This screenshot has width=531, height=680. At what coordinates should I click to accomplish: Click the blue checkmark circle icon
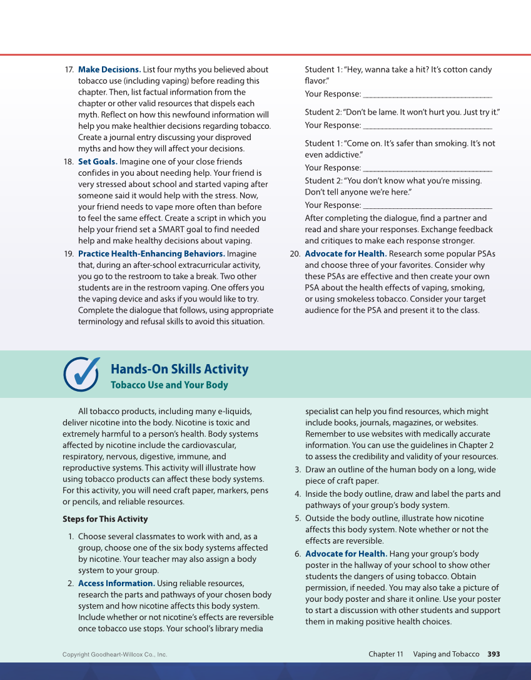coord(81,374)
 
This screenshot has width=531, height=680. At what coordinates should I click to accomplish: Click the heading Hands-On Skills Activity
coord(180,369)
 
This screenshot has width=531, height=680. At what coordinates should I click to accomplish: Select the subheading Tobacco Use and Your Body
coord(169,385)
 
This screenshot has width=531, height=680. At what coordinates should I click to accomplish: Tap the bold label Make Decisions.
coord(109,69)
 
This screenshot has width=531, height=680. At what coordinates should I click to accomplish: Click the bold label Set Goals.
coord(98,161)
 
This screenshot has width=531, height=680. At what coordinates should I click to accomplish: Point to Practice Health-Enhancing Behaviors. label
coord(151,253)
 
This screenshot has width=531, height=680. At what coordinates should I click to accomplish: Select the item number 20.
coord(295,253)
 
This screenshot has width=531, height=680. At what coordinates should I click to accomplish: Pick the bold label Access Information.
coord(116,583)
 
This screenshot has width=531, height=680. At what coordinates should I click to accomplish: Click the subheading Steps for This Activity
coord(105,519)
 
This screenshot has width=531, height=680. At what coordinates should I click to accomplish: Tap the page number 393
coord(493,654)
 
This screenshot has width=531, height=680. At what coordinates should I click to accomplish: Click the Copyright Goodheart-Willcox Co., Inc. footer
coord(115,655)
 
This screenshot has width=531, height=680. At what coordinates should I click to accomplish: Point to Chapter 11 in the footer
coord(385,654)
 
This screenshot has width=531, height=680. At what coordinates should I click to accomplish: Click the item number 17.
coord(69,69)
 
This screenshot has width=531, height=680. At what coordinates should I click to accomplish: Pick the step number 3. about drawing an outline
coord(298,469)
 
